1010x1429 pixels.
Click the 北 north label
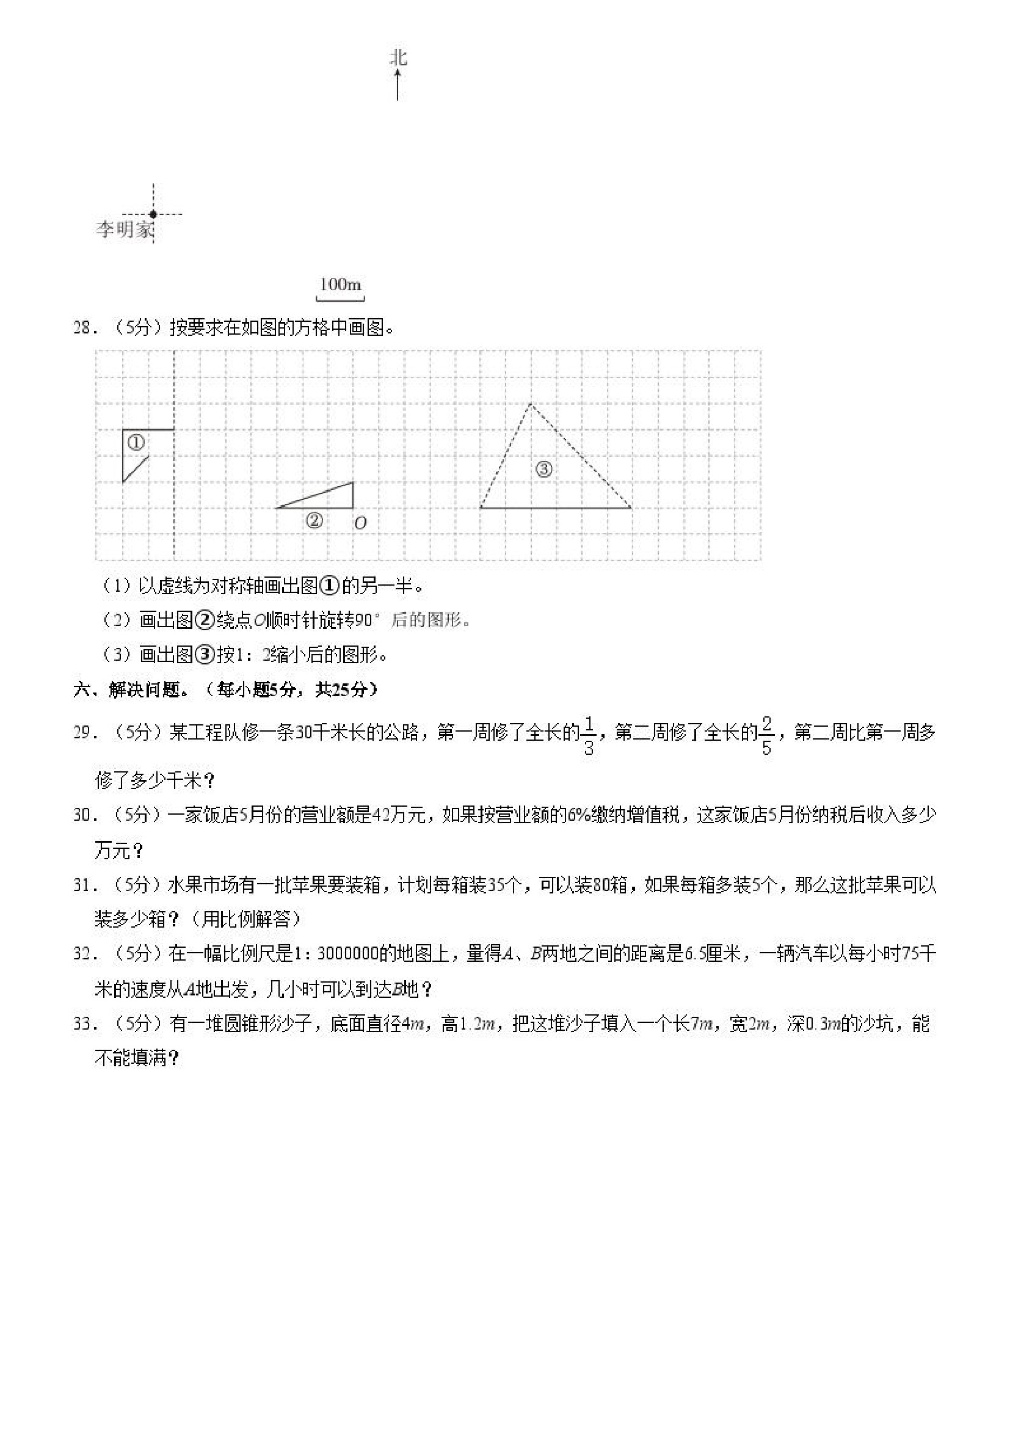[x=398, y=58]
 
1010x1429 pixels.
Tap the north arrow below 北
[x=398, y=85]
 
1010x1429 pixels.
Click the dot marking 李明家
[x=153, y=214]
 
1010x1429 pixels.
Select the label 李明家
[x=125, y=230]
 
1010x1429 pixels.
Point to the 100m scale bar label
[x=340, y=285]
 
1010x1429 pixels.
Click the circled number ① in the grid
[x=136, y=443]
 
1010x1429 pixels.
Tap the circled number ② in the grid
[x=314, y=520]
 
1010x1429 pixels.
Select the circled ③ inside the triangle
[x=544, y=469]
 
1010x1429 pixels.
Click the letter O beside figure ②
[x=360, y=523]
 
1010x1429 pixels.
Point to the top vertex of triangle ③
[x=531, y=404]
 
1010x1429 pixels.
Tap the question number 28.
[x=83, y=328]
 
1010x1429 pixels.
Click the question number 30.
[x=83, y=815]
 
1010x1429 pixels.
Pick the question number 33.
[x=83, y=1024]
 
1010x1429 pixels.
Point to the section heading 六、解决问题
[x=131, y=689]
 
